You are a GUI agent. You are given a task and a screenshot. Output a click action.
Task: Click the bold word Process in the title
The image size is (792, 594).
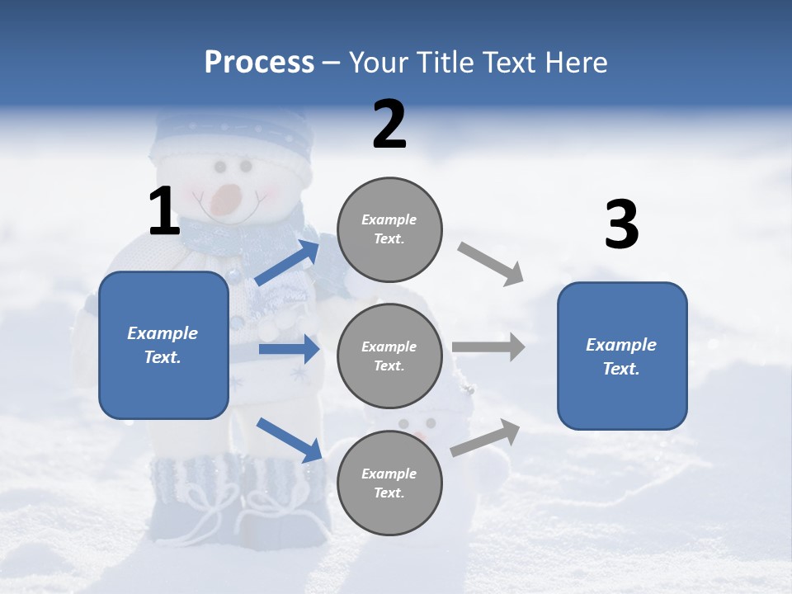[259, 63]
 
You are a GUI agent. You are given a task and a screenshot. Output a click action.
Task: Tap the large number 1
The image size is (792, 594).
[164, 211]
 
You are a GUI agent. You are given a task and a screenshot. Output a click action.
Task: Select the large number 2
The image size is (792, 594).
[389, 125]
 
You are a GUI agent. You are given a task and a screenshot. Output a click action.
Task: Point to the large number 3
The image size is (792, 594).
[621, 225]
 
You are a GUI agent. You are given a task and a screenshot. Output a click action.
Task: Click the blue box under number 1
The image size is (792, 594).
[163, 345]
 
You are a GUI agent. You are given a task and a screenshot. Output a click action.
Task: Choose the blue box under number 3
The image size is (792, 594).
[622, 356]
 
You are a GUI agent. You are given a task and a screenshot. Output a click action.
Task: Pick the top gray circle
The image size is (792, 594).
[389, 229]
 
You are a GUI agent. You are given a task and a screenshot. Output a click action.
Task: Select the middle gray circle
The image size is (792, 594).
[389, 356]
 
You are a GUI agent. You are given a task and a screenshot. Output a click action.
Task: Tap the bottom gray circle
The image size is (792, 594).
[389, 483]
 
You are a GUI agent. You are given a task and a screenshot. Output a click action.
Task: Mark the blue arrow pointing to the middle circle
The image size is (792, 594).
[289, 349]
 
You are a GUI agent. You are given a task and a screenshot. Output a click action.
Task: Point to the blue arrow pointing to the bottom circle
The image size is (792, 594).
[290, 440]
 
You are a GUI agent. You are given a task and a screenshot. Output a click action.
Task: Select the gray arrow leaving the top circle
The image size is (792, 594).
[491, 264]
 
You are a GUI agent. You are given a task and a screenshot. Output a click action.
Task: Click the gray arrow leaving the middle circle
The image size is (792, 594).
[488, 347]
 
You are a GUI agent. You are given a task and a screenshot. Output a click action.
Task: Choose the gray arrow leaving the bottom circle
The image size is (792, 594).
[486, 438]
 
